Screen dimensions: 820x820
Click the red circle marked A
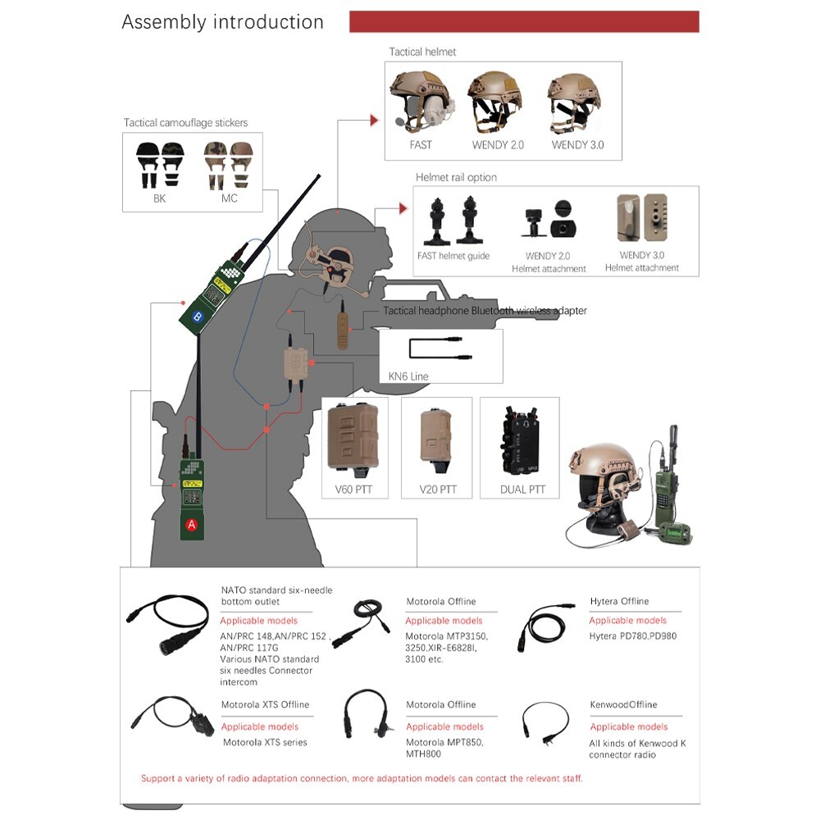coord(192,524)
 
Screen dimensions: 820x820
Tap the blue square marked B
coord(196,316)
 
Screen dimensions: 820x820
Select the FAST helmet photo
coord(421,102)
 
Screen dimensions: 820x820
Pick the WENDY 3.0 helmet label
coord(577,145)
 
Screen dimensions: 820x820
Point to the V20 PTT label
coord(437,490)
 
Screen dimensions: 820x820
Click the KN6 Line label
coord(408,376)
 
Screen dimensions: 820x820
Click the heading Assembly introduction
coord(222,22)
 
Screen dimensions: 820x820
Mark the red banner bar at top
coord(524,21)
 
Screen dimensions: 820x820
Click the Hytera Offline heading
coord(619,601)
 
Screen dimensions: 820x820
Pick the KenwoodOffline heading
coord(623,704)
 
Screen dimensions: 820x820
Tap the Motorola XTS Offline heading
coord(265,704)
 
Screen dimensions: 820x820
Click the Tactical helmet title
coord(422,52)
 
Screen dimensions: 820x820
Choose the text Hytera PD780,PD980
coord(632,635)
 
